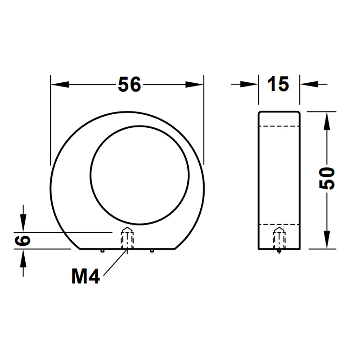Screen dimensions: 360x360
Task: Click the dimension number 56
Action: point(129,85)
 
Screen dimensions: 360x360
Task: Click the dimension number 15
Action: point(278,84)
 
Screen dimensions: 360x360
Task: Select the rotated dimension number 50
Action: point(327,178)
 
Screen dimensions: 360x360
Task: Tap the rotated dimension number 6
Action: point(22,241)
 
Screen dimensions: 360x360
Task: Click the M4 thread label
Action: point(85,276)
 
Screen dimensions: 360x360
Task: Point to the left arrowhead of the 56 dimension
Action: point(60,85)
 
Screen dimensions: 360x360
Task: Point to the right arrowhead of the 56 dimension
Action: point(194,85)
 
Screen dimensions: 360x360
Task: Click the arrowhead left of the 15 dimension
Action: point(249,84)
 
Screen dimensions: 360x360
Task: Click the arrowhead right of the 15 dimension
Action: point(309,84)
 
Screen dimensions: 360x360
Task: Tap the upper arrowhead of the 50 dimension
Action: point(327,121)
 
